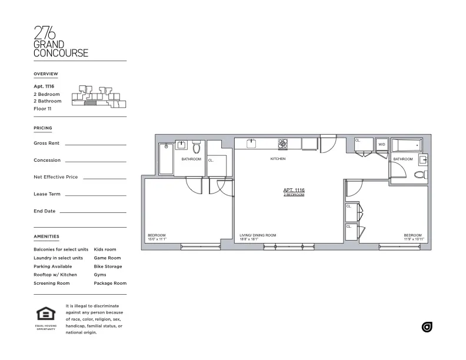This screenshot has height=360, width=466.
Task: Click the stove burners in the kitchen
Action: point(283,143)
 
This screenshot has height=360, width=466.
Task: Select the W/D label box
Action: point(382,144)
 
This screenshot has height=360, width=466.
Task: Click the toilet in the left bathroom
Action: point(197,147)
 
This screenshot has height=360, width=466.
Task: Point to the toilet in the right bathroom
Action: point(420,175)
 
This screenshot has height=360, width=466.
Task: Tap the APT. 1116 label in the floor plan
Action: point(294,190)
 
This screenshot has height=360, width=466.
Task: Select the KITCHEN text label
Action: point(278,159)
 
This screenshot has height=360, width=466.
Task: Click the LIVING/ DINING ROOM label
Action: point(258,235)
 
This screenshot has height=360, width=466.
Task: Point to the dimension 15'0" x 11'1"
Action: point(157,239)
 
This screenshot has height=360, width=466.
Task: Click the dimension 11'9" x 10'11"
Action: point(414,239)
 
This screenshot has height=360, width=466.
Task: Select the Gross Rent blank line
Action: point(95,144)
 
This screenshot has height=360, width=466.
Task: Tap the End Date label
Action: point(45,211)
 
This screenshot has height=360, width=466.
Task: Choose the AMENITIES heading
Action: point(46,236)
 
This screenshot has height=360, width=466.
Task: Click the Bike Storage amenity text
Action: point(108,266)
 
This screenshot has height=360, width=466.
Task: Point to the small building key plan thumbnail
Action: point(98,97)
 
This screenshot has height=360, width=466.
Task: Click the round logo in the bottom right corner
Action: point(427,327)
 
